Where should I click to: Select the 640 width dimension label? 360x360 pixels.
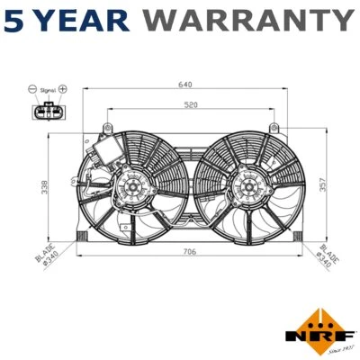185,85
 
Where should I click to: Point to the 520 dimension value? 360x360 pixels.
190,106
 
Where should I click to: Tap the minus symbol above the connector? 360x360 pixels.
32,90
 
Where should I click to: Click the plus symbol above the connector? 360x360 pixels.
64,90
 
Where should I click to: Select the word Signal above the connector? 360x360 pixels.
48,90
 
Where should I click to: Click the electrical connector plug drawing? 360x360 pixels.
47,112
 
